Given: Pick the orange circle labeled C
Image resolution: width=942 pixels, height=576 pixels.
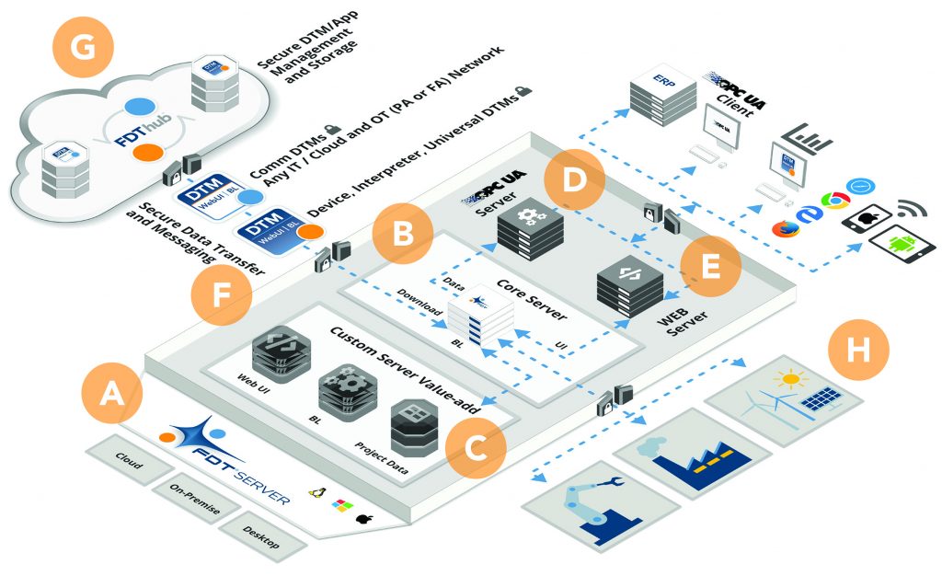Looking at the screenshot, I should click(475, 447).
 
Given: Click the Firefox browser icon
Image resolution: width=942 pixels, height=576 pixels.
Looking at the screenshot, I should click(783, 228).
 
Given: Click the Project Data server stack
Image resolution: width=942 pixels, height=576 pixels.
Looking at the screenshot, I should click(416, 429).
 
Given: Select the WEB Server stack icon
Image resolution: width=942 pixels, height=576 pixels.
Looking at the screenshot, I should click(629, 281).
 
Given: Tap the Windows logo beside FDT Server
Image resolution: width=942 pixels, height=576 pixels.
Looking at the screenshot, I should click(342, 506).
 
